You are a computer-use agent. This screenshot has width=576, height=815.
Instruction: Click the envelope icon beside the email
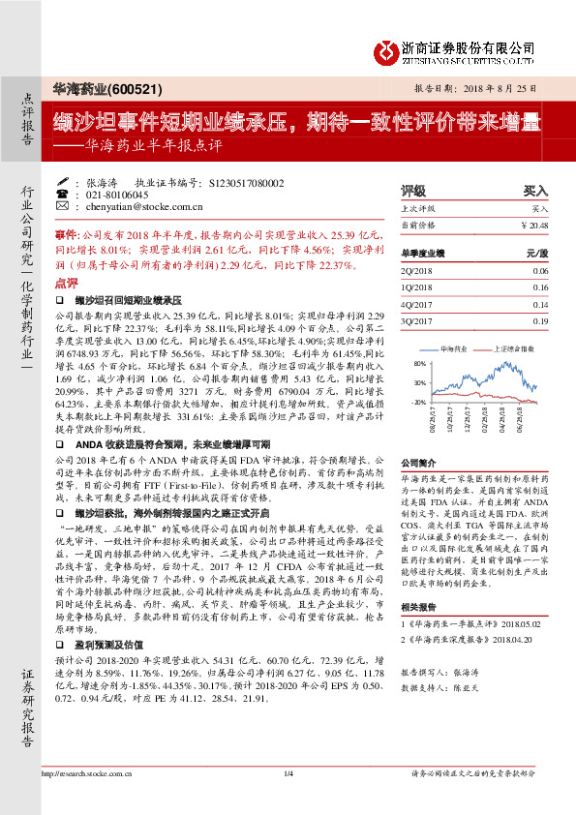click(x=62, y=206)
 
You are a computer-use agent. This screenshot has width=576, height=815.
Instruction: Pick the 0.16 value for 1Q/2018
click(x=540, y=288)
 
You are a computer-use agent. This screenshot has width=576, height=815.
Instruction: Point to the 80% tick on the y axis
click(x=418, y=364)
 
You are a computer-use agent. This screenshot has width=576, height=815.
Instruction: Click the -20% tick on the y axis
click(x=418, y=400)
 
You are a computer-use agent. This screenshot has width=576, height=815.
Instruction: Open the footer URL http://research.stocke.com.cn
click(x=87, y=772)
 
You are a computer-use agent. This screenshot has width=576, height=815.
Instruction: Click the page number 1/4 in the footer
click(x=288, y=772)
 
